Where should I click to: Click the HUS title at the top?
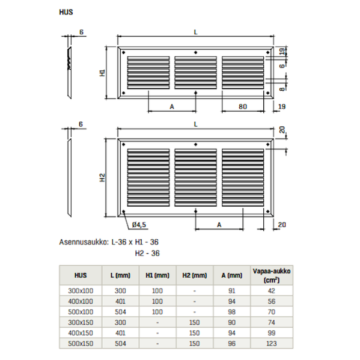tap(66, 12)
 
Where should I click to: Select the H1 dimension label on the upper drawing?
tap(102, 73)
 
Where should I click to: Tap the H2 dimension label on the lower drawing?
tap(102, 177)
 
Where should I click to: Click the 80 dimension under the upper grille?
tap(243, 106)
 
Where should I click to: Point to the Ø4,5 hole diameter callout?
tap(139, 225)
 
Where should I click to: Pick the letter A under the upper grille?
tap(172, 106)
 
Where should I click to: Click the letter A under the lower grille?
tap(219, 225)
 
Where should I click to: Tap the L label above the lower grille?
tap(195, 124)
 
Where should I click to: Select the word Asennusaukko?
tap(84, 242)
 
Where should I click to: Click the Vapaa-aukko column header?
tap(272, 275)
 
